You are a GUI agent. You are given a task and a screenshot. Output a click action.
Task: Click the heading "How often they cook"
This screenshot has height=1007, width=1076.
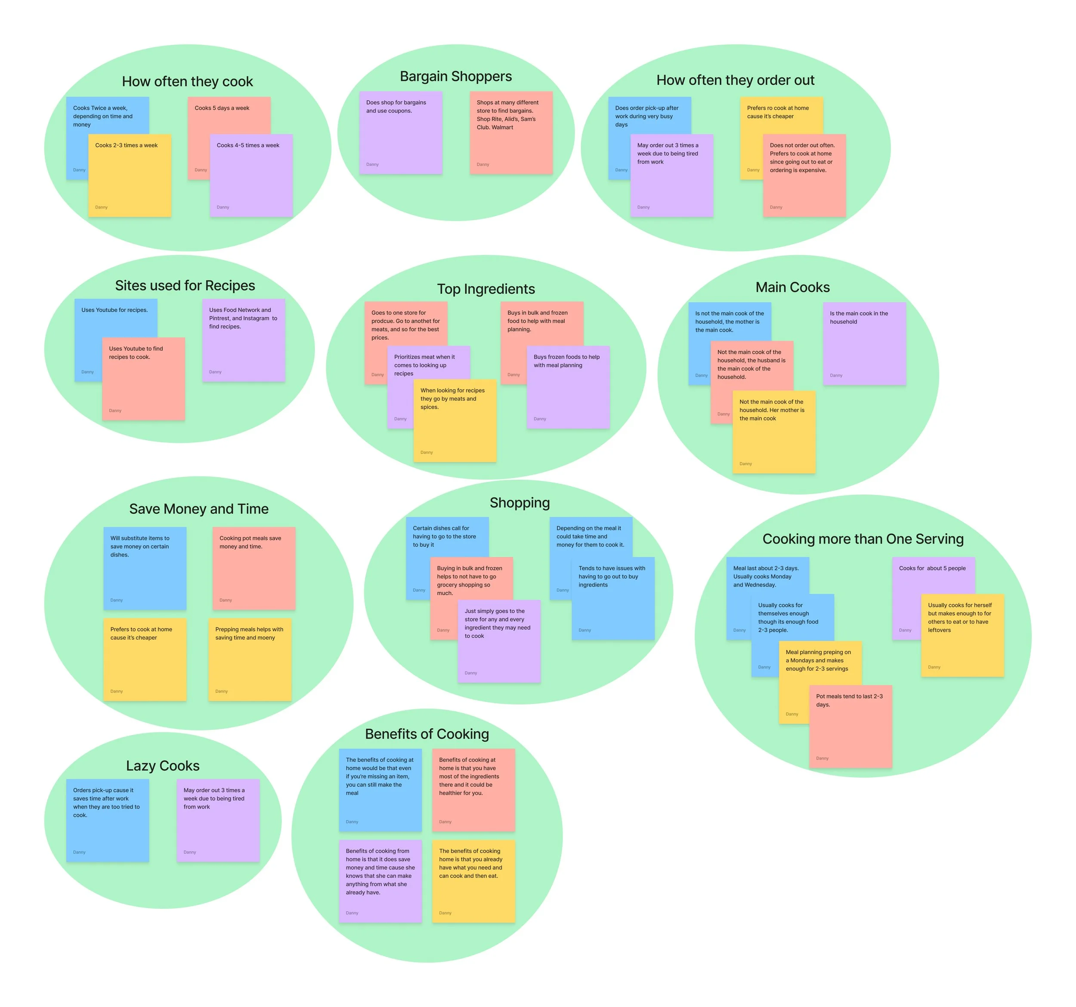pyautogui.click(x=187, y=82)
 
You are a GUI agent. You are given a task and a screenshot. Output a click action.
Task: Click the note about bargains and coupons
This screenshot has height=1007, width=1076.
pyautogui.click(x=401, y=133)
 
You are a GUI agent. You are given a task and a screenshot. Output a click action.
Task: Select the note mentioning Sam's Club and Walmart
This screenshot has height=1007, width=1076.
pyautogui.click(x=511, y=133)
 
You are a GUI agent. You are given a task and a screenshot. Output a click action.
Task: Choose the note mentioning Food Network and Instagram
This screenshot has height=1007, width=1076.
pyautogui.click(x=244, y=340)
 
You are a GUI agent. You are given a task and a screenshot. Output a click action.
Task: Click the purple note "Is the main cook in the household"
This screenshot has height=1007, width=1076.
pyautogui.click(x=864, y=343)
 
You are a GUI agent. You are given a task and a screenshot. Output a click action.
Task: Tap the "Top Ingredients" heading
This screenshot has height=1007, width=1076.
pyautogui.click(x=486, y=289)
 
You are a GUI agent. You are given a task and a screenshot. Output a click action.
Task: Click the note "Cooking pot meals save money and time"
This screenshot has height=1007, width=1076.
pyautogui.click(x=254, y=568)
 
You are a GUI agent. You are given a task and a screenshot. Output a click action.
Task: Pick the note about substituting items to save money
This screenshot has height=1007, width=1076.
pyautogui.click(x=145, y=568)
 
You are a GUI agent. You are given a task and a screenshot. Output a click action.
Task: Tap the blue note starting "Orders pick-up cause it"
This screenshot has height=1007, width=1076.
pyautogui.click(x=107, y=820)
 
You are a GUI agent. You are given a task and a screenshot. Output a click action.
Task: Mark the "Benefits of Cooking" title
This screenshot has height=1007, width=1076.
pyautogui.click(x=427, y=734)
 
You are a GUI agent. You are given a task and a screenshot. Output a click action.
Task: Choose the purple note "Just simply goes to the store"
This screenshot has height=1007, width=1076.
pyautogui.click(x=498, y=641)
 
